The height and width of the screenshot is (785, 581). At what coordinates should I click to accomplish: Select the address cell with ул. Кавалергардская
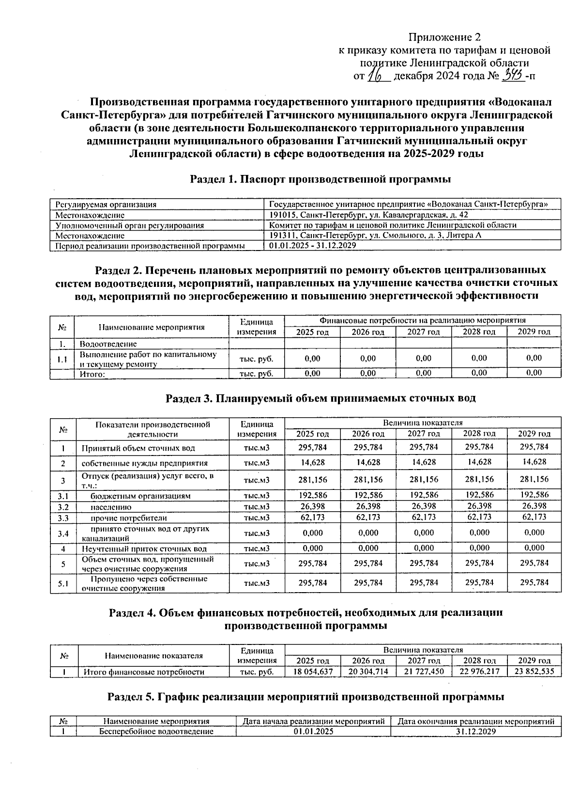(x=368, y=215)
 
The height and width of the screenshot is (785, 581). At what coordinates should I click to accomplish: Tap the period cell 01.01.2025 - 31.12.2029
(x=312, y=246)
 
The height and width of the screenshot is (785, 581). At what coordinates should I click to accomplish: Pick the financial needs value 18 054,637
(x=313, y=672)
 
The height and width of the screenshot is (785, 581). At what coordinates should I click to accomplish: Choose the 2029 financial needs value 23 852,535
(x=534, y=672)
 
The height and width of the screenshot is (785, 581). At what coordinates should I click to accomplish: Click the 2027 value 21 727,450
(x=424, y=672)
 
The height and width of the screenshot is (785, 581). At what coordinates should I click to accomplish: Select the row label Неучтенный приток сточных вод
(x=144, y=549)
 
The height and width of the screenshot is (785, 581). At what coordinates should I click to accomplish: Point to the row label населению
(x=111, y=507)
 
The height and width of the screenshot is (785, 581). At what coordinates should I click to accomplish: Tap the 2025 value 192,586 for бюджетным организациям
(x=313, y=495)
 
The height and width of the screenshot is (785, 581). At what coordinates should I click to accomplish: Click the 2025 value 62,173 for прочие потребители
(x=313, y=517)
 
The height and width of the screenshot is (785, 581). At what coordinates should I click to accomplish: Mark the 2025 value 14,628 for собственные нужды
(x=313, y=462)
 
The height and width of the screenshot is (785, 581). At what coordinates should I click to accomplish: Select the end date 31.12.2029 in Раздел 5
(x=476, y=732)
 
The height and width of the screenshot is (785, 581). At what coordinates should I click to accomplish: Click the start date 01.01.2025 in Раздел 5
(x=313, y=732)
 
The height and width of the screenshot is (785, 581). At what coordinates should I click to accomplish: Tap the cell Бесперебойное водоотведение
(x=156, y=732)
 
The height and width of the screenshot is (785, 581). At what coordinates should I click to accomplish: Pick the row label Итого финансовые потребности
(x=144, y=672)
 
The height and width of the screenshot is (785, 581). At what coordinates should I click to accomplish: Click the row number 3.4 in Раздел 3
(x=63, y=534)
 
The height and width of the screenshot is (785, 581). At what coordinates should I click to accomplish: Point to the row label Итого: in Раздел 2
(x=92, y=374)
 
